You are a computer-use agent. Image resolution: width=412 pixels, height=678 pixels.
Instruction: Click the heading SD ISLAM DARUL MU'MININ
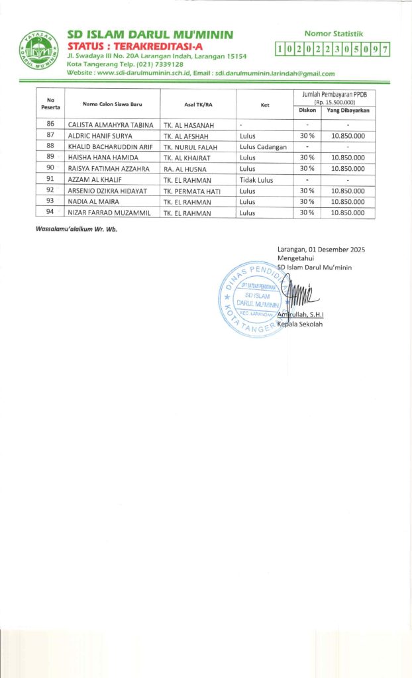(x=150, y=34)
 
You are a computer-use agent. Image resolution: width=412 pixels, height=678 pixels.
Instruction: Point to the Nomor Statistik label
(x=333, y=33)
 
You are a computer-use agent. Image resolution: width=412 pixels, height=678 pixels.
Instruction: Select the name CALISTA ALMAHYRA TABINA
(x=111, y=124)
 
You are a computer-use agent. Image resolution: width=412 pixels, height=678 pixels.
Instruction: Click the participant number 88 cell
(x=50, y=146)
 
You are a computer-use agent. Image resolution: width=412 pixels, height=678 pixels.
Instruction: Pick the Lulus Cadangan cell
(x=263, y=146)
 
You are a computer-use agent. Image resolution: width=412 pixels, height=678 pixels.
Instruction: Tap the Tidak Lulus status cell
(x=256, y=179)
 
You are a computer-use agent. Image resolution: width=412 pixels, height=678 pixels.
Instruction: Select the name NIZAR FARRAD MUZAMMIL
(x=109, y=213)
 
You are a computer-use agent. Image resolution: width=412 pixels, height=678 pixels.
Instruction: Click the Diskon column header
(x=307, y=110)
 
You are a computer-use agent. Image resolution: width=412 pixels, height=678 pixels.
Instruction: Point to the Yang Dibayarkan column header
(x=348, y=110)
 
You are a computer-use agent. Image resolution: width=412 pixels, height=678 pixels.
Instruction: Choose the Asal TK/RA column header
(x=198, y=105)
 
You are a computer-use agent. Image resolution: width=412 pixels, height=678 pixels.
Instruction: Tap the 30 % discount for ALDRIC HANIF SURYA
(x=307, y=135)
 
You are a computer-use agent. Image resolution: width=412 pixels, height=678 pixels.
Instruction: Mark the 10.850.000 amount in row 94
(x=348, y=213)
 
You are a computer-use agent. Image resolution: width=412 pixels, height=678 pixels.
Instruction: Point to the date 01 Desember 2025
(x=336, y=250)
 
